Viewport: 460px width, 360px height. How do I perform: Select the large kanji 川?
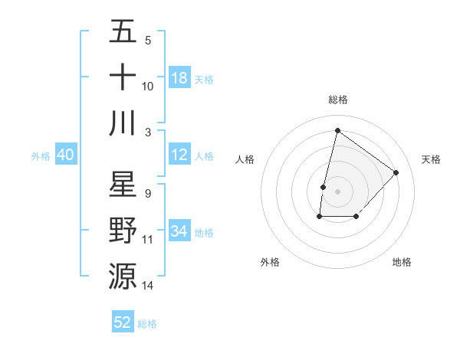pos(123,123)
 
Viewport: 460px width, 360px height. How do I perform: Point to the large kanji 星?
pos(123,185)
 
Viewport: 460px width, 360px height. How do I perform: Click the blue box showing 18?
pos(179,78)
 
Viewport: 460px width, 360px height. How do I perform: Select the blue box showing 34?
pos(179,231)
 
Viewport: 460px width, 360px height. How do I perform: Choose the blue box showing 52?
pos(123,322)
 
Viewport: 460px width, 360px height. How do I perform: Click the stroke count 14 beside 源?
pos(148,286)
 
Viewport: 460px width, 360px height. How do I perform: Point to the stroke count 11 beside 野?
pos(148,240)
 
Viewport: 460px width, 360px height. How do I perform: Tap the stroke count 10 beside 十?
pos(148,86)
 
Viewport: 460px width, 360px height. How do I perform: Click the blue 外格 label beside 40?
pos(41,156)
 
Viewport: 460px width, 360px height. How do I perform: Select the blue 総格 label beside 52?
pos(147,324)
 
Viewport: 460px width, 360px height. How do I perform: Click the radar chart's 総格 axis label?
pos(338,100)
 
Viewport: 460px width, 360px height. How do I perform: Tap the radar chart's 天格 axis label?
pos(432,159)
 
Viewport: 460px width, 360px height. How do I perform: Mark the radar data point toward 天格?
pos(396,172)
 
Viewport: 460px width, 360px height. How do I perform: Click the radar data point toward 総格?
pos(337,131)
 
